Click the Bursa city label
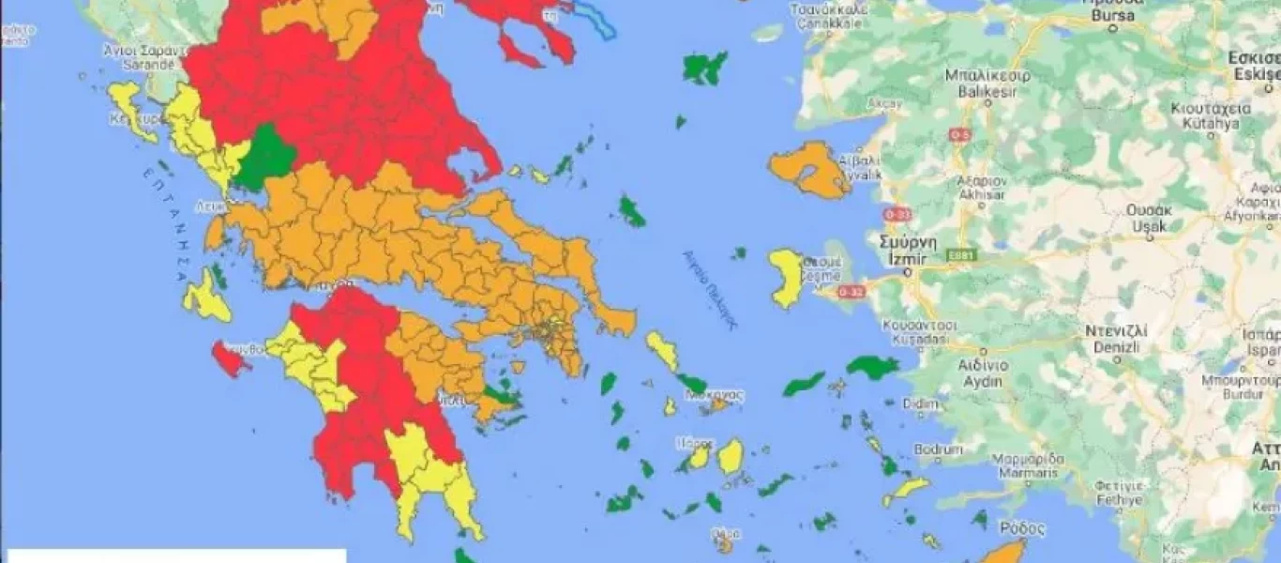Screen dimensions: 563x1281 coord(1112,15)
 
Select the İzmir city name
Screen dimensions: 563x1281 coord(904,258)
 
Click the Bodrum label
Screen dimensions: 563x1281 coord(938,449)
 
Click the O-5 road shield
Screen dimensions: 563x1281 coord(958,135)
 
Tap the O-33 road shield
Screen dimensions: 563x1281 coord(897,214)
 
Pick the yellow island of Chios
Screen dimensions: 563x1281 coord(785,278)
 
